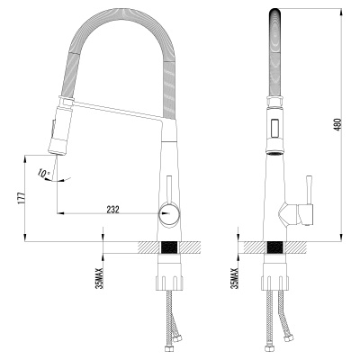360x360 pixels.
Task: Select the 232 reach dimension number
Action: coord(112,208)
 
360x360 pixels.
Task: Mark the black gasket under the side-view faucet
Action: coord(168,247)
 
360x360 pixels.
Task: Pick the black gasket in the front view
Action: coord(275,247)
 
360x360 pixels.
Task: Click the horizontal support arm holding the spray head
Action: coord(112,111)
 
